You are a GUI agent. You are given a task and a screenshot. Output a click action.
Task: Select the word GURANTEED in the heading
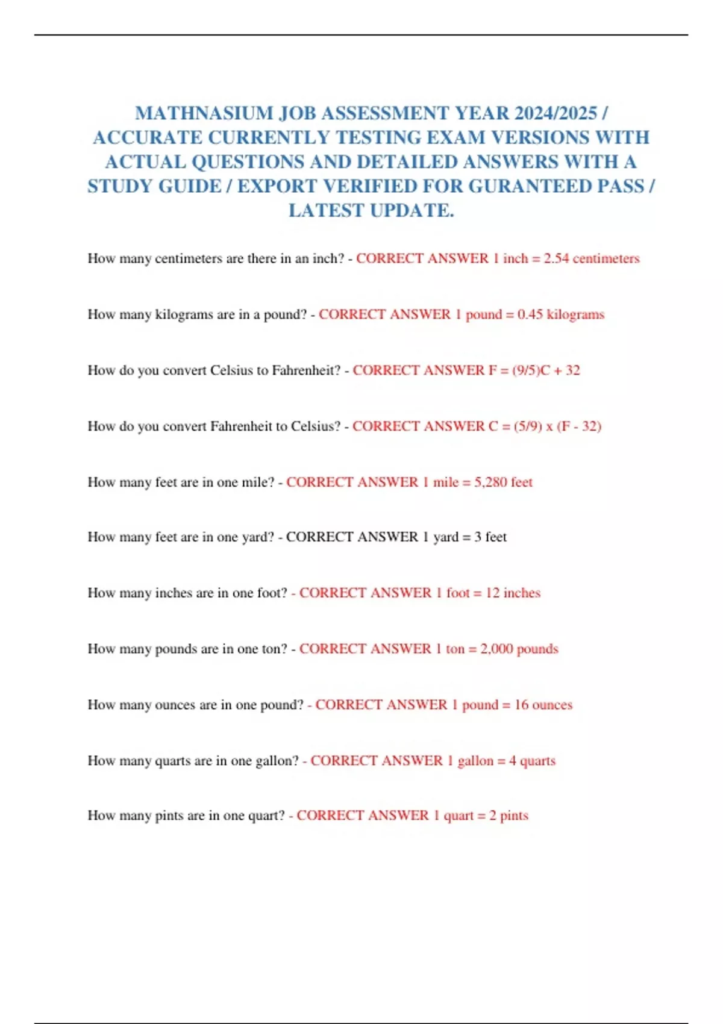[530, 186]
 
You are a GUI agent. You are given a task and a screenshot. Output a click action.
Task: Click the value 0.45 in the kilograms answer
[530, 314]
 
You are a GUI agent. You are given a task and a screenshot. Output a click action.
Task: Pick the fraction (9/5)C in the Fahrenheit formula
[531, 370]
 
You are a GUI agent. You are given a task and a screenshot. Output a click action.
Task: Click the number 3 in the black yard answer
[477, 537]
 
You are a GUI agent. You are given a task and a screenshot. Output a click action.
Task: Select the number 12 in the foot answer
[492, 593]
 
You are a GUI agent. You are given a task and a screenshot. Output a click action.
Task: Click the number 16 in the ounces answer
[521, 705]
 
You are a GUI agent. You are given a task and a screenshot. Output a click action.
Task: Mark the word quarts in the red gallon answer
[537, 761]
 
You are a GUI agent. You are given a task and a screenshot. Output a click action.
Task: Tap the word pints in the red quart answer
[514, 816]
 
